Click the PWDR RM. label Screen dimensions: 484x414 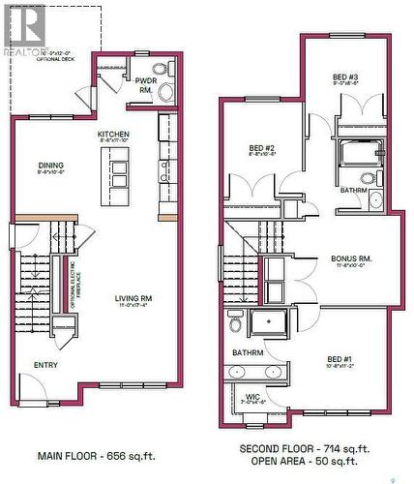tap(146, 85)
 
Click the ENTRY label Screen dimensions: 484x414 tap(45, 365)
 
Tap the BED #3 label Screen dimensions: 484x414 tap(346, 79)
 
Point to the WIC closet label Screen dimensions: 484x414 tap(250, 395)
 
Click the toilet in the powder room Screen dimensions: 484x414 tap(165, 93)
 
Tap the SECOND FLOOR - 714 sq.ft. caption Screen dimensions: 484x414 tap(304, 449)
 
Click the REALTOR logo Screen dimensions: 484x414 tap(23, 29)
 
